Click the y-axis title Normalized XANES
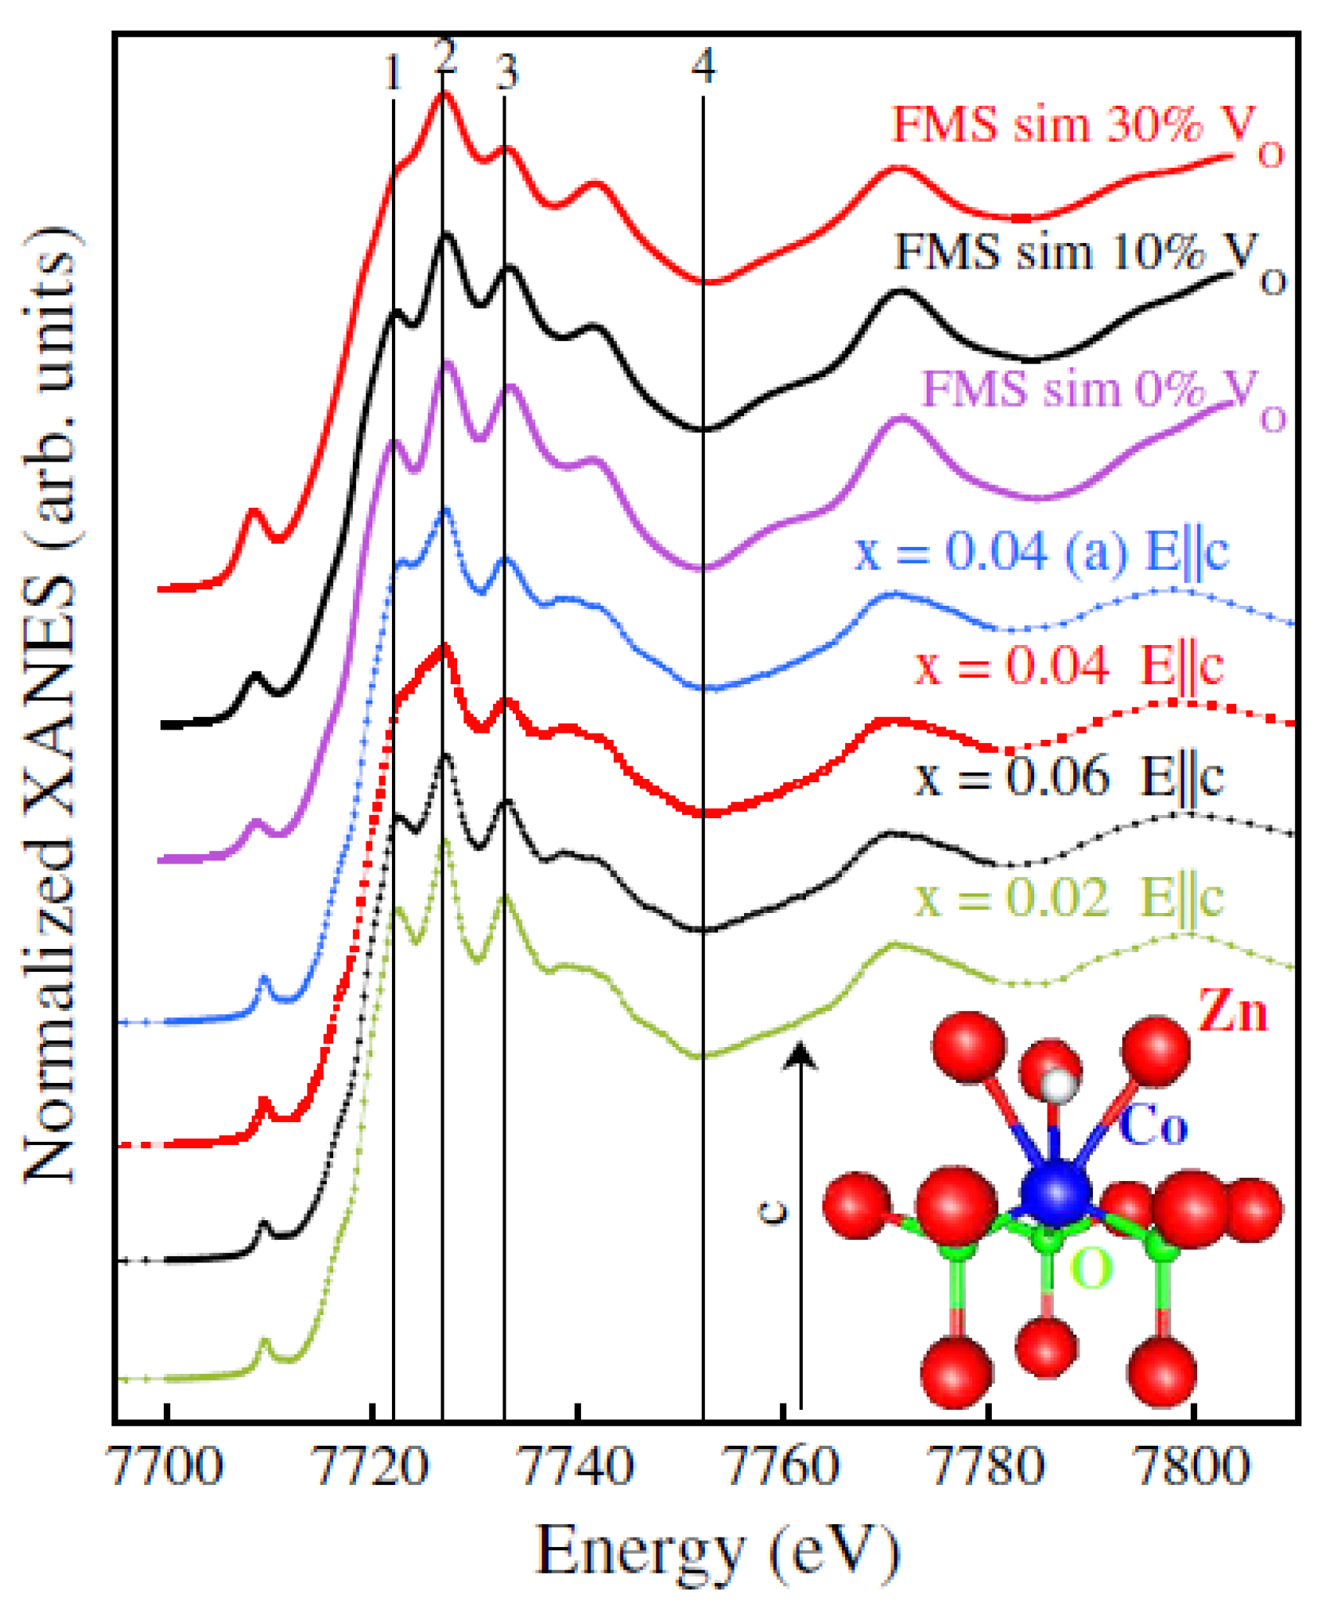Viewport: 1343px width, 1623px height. (51, 705)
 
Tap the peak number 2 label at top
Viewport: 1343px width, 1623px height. (445, 56)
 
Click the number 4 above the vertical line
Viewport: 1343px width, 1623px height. (703, 66)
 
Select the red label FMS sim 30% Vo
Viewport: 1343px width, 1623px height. (1086, 129)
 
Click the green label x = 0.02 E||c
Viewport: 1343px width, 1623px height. (1068, 897)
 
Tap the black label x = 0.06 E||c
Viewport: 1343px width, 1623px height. (1068, 777)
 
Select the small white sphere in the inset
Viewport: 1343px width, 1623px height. (1057, 1085)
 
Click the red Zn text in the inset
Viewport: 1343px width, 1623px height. (1232, 1011)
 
